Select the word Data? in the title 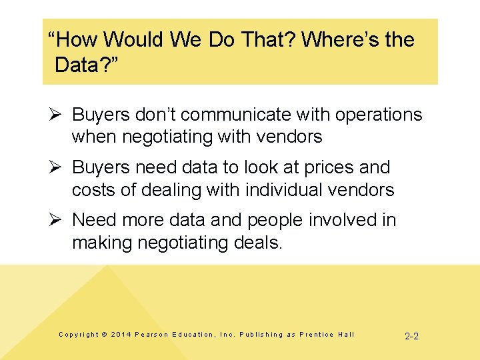[83, 65]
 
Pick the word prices [329, 167]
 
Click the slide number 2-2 [412, 336]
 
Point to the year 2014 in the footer [121, 335]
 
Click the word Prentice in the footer [316, 335]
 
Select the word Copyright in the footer [78, 335]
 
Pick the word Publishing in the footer [261, 335]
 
